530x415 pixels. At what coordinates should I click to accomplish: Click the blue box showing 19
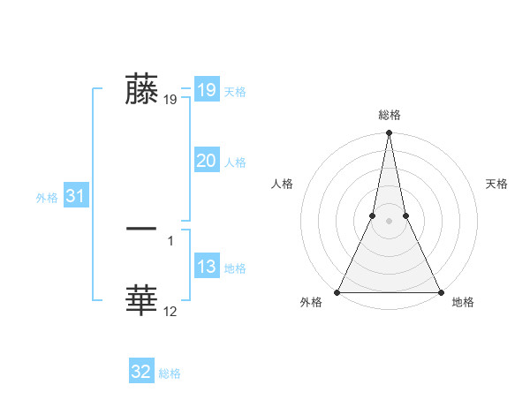(206, 90)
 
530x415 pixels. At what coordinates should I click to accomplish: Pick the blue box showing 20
(206, 162)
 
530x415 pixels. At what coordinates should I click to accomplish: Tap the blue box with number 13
(206, 268)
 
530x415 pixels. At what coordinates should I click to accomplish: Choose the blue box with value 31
(75, 197)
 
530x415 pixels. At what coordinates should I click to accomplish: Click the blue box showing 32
(141, 372)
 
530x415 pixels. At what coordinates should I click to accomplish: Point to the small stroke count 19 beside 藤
(170, 100)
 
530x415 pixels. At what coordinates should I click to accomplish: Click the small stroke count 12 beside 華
(170, 311)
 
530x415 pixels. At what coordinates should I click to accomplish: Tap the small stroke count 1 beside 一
(170, 239)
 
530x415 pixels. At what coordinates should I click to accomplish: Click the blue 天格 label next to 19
(235, 92)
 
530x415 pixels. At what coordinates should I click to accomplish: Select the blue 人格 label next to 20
(235, 162)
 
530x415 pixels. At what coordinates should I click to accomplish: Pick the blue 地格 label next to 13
(235, 268)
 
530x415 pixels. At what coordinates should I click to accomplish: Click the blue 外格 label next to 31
(47, 198)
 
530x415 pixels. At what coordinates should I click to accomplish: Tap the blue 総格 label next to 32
(170, 373)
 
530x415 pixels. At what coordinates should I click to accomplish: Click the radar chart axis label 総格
(389, 114)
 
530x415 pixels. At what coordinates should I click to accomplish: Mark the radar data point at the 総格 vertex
(389, 133)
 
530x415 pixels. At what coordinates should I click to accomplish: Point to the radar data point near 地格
(440, 292)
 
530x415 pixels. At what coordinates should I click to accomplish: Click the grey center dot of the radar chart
(389, 221)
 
